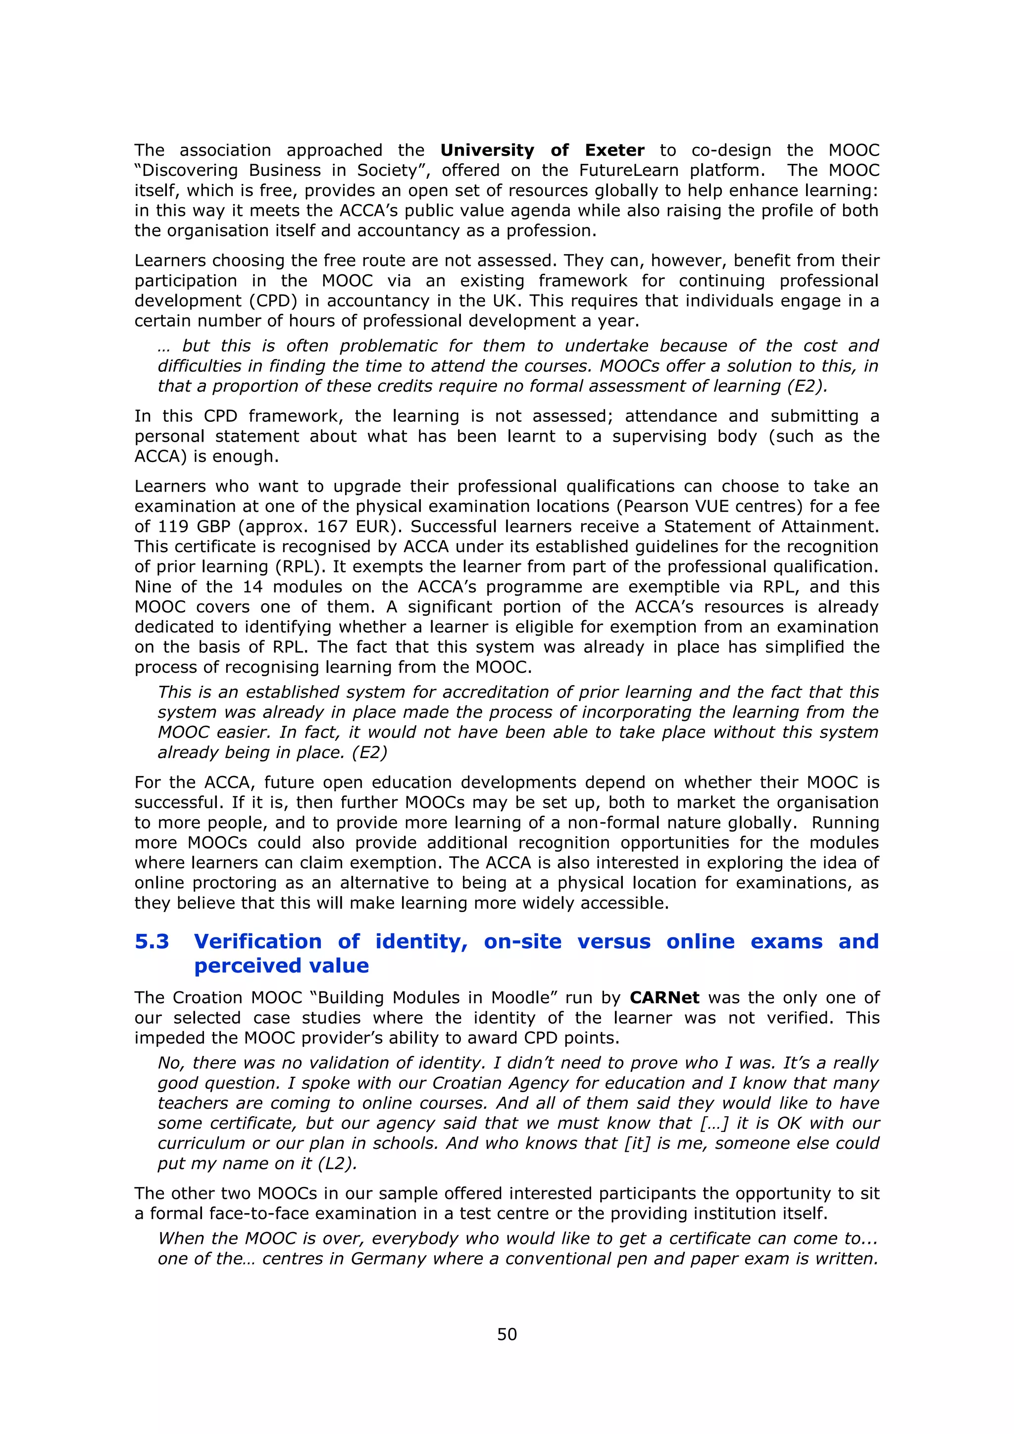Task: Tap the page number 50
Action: pos(507,1334)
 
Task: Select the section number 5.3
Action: pos(152,941)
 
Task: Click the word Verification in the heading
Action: pos(257,941)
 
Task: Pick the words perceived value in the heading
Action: pos(281,966)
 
